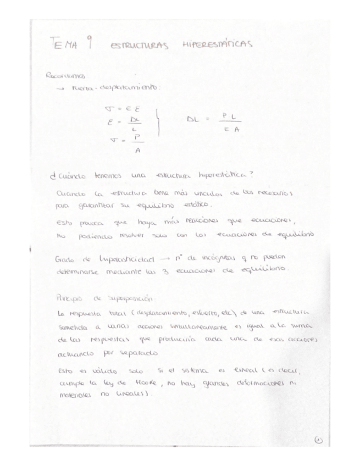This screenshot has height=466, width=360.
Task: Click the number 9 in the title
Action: [88, 45]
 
